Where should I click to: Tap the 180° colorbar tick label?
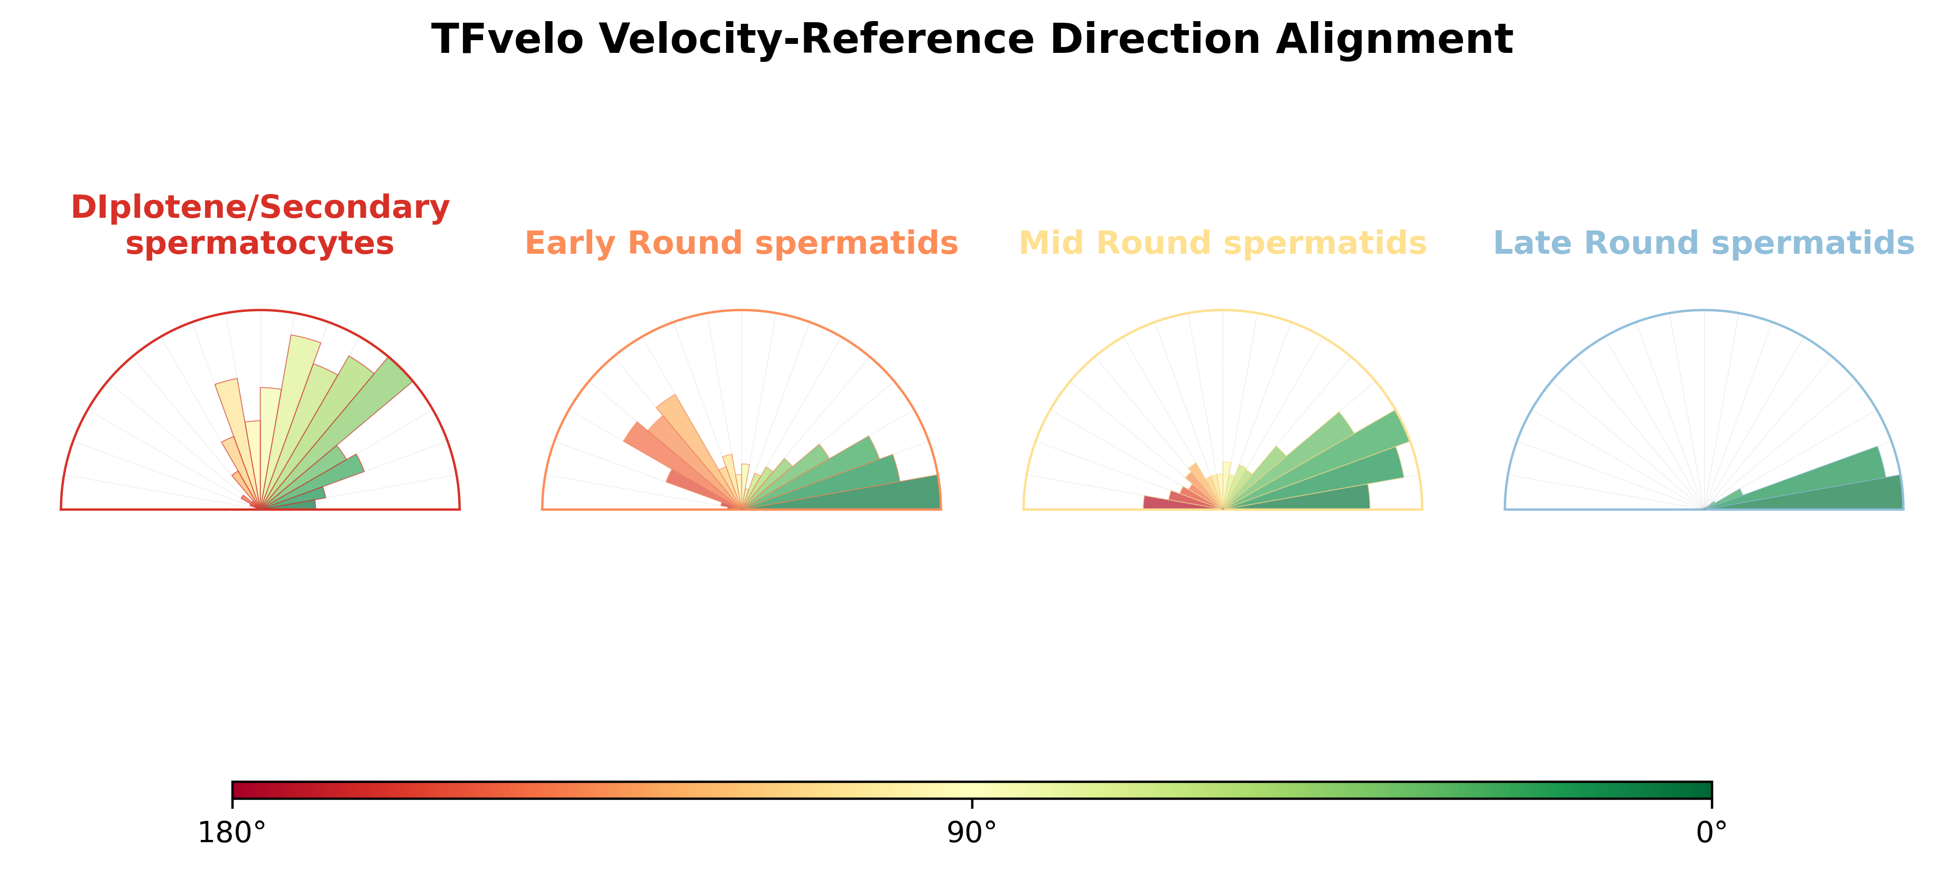pyautogui.click(x=231, y=833)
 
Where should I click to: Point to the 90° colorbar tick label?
pyautogui.click(x=972, y=833)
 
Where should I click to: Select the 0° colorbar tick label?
pyautogui.click(x=1712, y=833)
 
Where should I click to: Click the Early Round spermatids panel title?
pyautogui.click(x=741, y=243)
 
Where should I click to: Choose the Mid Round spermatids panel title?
pyautogui.click(x=1223, y=243)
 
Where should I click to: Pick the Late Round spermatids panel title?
pyautogui.click(x=1704, y=243)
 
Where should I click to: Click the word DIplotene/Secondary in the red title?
pyautogui.click(x=261, y=207)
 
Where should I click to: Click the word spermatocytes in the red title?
pyautogui.click(x=259, y=244)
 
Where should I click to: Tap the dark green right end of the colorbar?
pyautogui.click(x=1708, y=790)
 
